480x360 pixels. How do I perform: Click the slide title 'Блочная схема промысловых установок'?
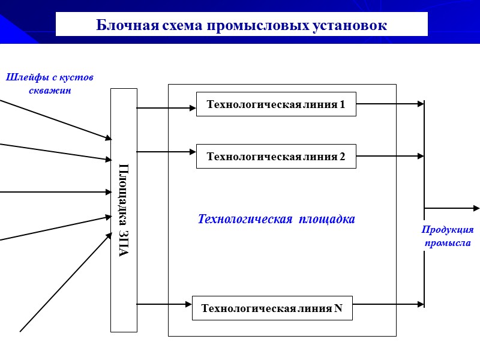pos(241,25)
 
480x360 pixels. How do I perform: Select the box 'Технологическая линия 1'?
pos(276,104)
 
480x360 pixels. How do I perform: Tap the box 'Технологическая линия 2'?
pos(276,157)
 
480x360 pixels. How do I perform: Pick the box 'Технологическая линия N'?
pos(272,308)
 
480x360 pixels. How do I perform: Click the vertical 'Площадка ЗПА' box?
pos(124,210)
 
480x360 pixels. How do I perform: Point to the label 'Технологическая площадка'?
pos(277,219)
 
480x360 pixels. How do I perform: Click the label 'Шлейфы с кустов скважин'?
pos(50,84)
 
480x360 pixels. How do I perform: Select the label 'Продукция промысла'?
pos(448,236)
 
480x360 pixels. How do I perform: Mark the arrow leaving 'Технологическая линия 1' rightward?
pos(390,104)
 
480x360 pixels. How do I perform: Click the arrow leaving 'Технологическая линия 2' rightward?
pos(390,156)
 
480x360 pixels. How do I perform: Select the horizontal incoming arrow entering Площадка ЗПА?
pos(54,192)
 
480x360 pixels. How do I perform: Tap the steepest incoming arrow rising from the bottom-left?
pos(66,282)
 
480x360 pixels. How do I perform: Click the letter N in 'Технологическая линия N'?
pos(338,308)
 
